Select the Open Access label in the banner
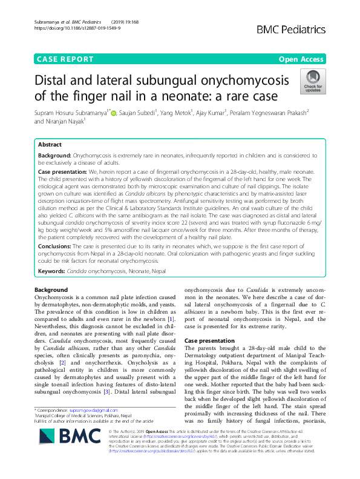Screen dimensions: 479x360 coord(300,59)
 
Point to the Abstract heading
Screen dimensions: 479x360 coord(50,145)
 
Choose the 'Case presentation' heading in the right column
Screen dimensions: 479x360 coord(209,341)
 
